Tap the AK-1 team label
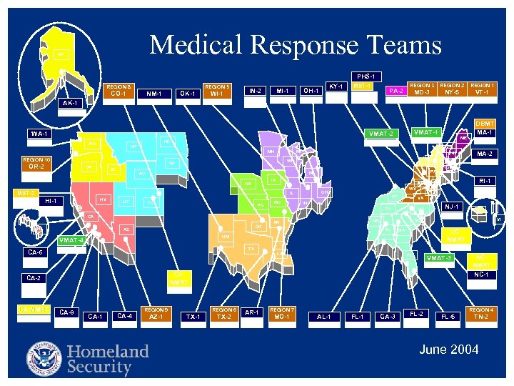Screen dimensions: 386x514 [70, 103]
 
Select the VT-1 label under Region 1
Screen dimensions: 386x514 [483, 92]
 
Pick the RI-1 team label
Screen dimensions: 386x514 [485, 181]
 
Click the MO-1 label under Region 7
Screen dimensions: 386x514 [279, 316]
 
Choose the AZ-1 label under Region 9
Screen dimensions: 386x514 [156, 316]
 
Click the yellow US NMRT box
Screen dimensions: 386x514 [33, 310]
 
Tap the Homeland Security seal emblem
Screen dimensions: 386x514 [44, 359]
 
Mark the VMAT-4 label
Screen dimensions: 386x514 [71, 239]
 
